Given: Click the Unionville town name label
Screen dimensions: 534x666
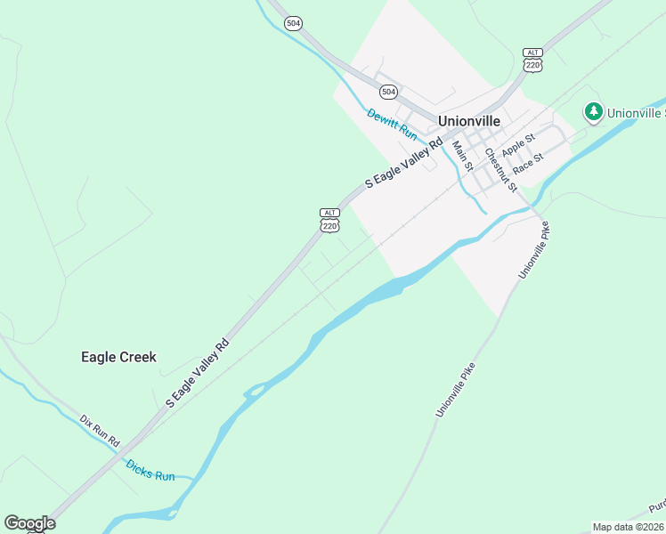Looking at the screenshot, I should (469, 120).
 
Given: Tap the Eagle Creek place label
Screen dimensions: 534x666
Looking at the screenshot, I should (118, 357).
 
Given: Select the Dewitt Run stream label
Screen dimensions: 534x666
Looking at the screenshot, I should (392, 124).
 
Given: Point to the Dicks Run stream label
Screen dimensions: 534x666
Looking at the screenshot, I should (150, 470).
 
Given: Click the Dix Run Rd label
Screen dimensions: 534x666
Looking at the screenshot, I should (100, 431).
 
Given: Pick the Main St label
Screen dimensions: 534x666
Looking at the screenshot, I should (461, 157).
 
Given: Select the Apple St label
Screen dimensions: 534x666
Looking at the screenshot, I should (517, 143).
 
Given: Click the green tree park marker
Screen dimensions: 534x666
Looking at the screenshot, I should (593, 111).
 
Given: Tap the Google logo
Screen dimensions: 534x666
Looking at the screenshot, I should (29, 523).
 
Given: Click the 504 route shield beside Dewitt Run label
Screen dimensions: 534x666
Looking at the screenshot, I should (388, 92).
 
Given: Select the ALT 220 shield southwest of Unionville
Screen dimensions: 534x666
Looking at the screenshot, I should (329, 221).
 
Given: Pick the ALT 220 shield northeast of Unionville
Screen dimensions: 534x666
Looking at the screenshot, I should (532, 60).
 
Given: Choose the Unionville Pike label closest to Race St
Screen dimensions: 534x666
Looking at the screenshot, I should (534, 250).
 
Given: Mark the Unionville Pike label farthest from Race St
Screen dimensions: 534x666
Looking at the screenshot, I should (455, 390).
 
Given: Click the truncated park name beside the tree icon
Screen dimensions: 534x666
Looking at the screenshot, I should (636, 113).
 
